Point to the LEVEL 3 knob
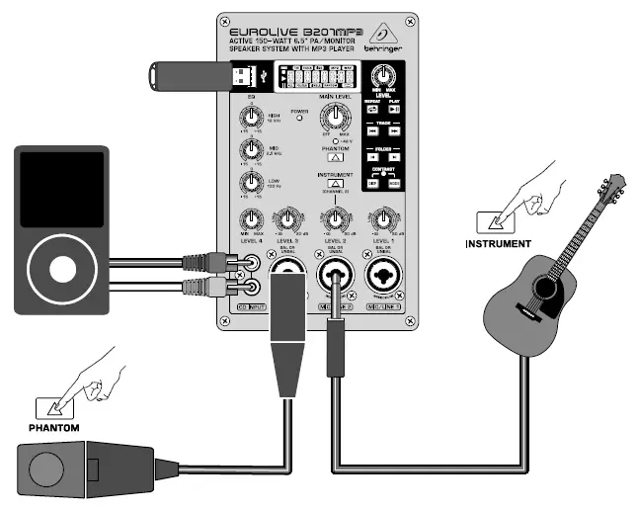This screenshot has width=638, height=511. (288, 221)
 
